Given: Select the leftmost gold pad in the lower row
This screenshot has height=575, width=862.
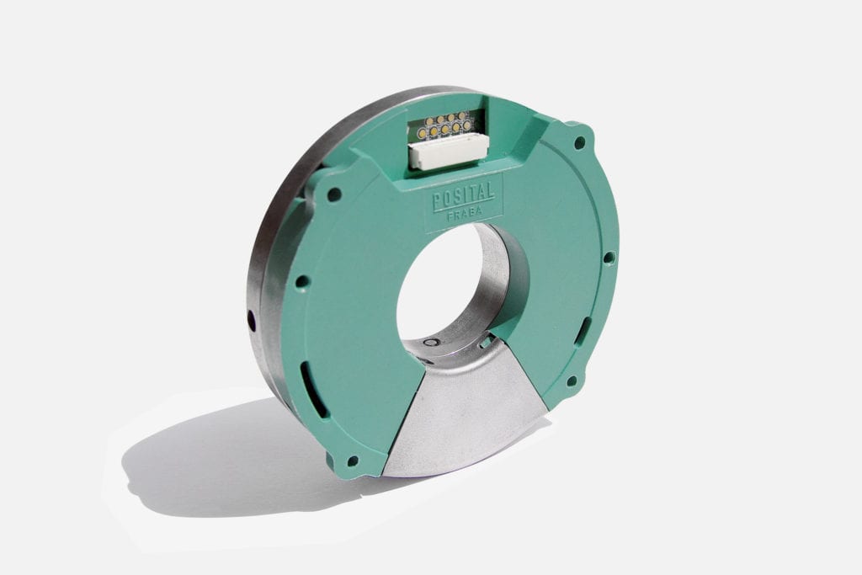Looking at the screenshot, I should click(x=422, y=134).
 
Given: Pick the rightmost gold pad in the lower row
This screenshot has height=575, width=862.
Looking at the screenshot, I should click(x=467, y=125).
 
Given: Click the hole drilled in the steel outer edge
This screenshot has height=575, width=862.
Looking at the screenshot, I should click(x=251, y=320).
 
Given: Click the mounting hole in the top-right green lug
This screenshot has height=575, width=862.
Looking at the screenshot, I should click(x=580, y=142).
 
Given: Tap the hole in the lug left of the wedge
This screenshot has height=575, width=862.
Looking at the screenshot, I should click(x=352, y=461).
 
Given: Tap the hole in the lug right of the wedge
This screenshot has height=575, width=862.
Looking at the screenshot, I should click(x=572, y=381).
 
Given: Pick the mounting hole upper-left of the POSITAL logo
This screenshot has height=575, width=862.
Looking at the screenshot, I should click(x=334, y=194).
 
